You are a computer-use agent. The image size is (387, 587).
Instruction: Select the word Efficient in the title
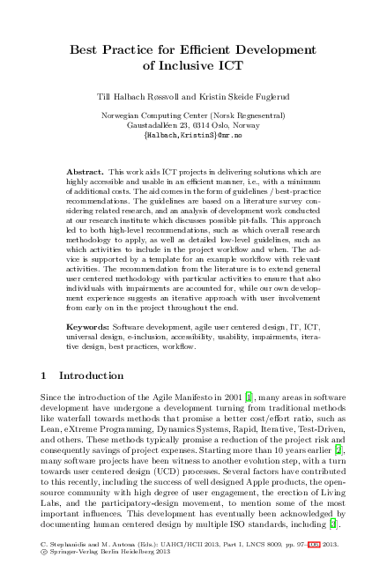click(208, 50)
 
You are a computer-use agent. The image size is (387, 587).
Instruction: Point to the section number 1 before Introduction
click(44, 376)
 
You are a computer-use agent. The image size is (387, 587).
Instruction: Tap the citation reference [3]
click(332, 526)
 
